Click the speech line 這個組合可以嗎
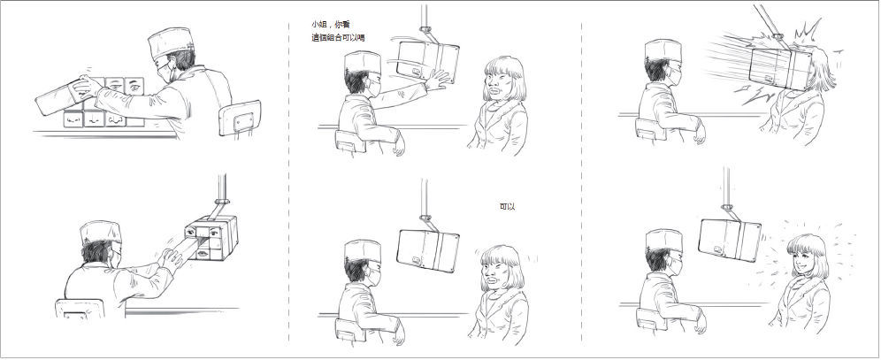pyautogui.click(x=338, y=38)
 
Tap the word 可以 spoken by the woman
pyautogui.click(x=507, y=207)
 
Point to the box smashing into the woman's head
pyautogui.click(x=781, y=68)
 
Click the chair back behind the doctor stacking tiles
pyautogui.click(x=240, y=118)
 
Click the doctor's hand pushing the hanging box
pyautogui.click(x=438, y=80)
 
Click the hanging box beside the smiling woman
pyautogui.click(x=730, y=240)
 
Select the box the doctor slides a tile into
pyautogui.click(x=212, y=238)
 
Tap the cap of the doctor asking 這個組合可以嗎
pyautogui.click(x=362, y=62)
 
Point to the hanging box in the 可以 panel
pyautogui.click(x=427, y=250)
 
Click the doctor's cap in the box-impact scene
pyautogui.click(x=663, y=50)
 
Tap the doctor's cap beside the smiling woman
pyautogui.click(x=663, y=240)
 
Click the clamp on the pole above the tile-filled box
pyautogui.click(x=221, y=201)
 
